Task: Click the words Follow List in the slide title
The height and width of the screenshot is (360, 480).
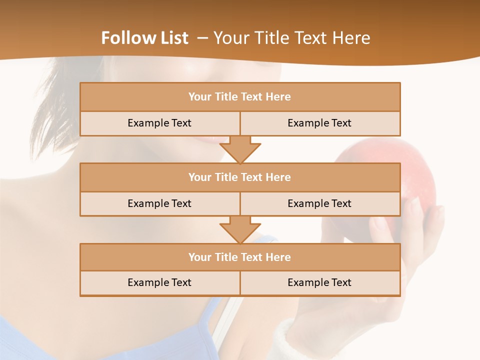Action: [x=144, y=38]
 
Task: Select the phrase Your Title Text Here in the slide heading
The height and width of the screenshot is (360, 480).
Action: [x=292, y=38]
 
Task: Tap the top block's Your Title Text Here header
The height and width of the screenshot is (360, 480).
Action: [x=239, y=97]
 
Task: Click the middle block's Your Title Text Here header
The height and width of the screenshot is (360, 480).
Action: [x=239, y=177]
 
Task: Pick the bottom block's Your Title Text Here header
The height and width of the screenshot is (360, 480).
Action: [x=239, y=257]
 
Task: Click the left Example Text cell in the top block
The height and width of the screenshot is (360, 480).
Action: [x=159, y=123]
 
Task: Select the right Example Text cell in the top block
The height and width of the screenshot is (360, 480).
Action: [x=319, y=123]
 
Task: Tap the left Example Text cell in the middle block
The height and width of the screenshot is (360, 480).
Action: [x=159, y=203]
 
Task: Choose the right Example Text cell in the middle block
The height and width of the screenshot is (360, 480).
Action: [x=319, y=203]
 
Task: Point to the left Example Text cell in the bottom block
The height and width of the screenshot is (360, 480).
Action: [x=159, y=282]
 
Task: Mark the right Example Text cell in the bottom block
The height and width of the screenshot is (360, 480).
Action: [x=319, y=282]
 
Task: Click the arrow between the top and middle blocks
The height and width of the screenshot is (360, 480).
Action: [x=240, y=149]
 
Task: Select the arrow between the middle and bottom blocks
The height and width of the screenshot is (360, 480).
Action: [x=240, y=229]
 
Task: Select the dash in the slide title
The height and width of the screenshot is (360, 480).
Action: [x=202, y=38]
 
